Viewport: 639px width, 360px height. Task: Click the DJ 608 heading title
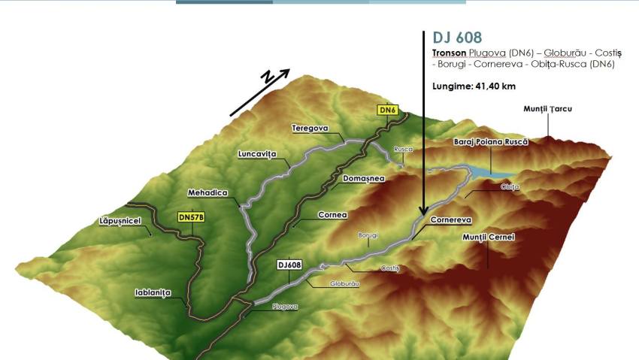(x=457, y=38)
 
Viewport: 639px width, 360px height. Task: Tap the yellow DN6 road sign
(x=387, y=110)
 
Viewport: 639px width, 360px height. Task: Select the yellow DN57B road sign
(x=191, y=217)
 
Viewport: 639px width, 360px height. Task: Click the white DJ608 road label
(x=289, y=265)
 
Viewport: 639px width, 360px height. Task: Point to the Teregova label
(x=310, y=129)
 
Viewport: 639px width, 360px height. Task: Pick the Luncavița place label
(x=258, y=154)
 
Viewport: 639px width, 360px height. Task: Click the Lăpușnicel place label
(x=120, y=222)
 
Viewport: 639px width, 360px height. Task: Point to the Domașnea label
(x=363, y=179)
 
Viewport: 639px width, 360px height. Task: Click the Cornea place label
(x=332, y=214)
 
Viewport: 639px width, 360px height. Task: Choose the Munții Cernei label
(x=488, y=237)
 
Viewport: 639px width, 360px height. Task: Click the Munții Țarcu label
(x=548, y=110)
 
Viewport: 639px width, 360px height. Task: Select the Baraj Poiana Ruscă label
(x=491, y=141)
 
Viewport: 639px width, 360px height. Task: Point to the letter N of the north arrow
(x=267, y=78)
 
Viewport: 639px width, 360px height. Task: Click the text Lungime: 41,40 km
(x=474, y=86)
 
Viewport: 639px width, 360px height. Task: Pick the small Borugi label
(x=368, y=234)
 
